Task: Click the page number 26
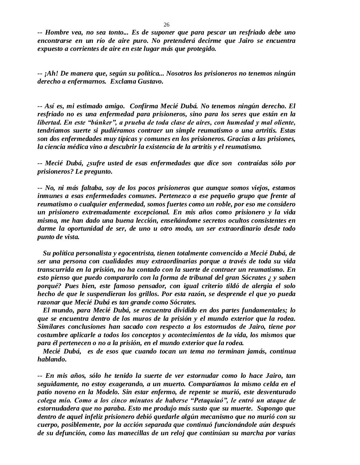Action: coord(167,25)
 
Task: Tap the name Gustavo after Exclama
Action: coord(150,81)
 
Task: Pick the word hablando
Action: coord(52,359)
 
